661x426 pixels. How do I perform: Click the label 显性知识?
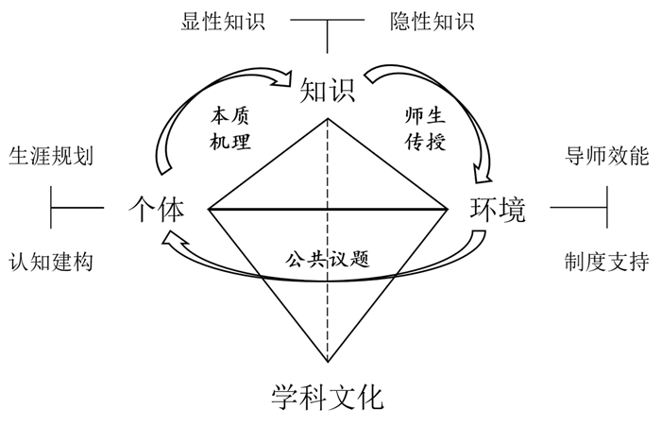point(224,20)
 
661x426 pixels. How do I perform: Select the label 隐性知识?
point(432,20)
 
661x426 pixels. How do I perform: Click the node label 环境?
point(498,209)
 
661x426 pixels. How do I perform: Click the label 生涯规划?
point(50,155)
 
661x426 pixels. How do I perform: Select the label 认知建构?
point(50,261)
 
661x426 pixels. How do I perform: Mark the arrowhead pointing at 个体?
point(171,240)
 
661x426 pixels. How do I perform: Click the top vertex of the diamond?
point(328,119)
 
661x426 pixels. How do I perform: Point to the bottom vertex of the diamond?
point(328,361)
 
